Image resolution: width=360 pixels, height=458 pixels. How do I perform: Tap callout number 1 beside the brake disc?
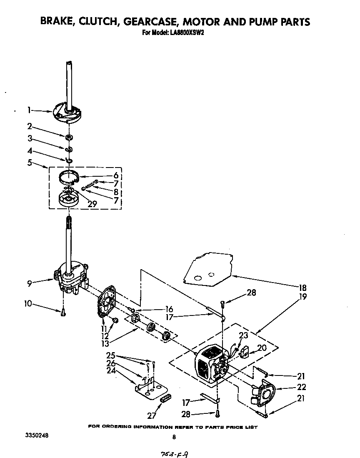tap(29, 110)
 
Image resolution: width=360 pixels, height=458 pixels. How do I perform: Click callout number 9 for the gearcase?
tap(29, 283)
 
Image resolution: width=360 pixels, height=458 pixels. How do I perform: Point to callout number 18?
tap(302, 288)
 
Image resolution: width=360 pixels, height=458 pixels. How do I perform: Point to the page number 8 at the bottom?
tap(174, 437)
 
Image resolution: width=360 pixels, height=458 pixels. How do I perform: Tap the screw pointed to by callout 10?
tap(63, 312)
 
